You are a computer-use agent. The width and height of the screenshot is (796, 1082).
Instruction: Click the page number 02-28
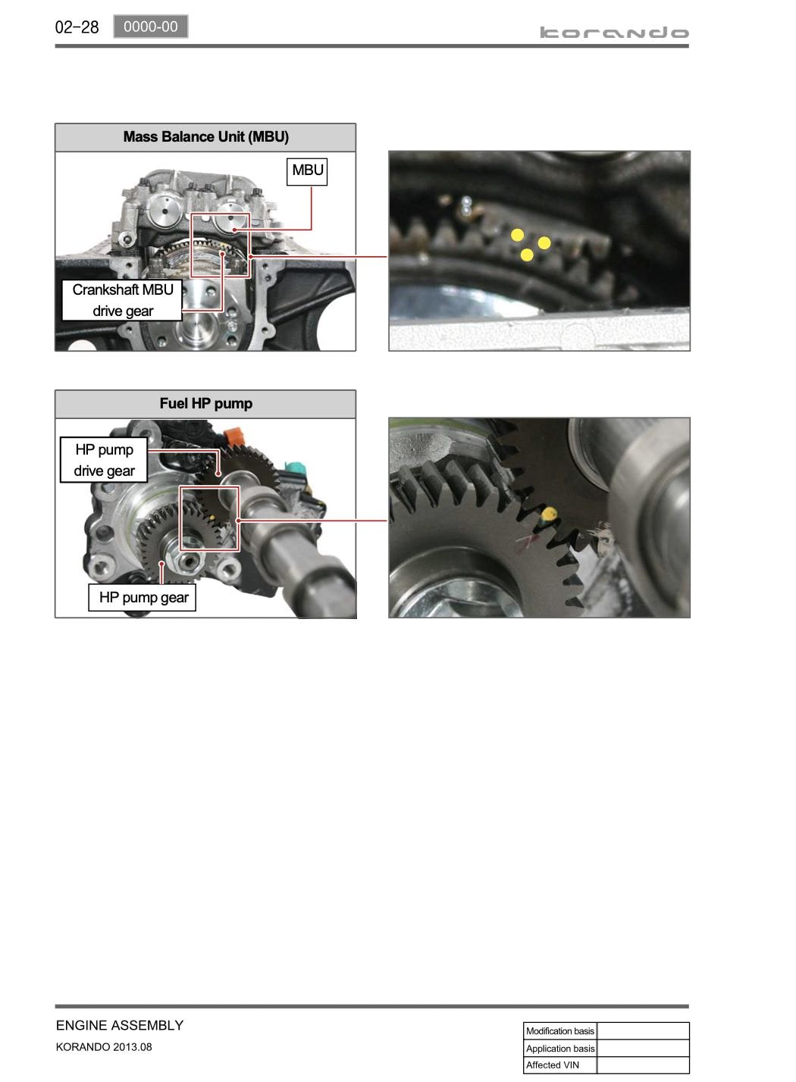tap(77, 27)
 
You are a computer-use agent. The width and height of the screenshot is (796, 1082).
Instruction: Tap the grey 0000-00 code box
tap(151, 27)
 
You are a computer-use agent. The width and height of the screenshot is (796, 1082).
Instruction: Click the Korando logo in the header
tap(614, 33)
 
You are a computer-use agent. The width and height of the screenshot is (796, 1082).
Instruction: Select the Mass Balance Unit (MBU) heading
tap(206, 136)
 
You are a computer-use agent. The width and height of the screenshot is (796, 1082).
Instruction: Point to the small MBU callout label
tap(307, 171)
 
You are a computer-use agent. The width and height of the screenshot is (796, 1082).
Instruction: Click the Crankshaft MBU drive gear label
tap(123, 300)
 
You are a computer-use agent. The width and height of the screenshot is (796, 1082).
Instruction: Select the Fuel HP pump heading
tap(206, 403)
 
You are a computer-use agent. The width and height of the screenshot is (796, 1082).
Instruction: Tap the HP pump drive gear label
tap(104, 460)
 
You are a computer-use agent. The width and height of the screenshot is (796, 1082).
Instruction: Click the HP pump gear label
tap(143, 598)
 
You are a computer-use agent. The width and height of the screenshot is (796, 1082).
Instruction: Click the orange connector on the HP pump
tap(233, 436)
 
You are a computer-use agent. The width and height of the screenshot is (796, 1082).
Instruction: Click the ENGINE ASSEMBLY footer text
tap(119, 1025)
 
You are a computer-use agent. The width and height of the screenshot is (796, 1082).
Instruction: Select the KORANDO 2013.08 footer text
tap(104, 1046)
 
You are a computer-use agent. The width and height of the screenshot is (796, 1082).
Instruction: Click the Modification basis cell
tap(560, 1030)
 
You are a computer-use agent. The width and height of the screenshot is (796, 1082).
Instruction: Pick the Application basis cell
tap(560, 1048)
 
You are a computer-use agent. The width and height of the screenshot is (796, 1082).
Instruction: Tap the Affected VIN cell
tap(560, 1065)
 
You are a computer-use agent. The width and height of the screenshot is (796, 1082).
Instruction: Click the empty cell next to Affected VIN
tap(644, 1065)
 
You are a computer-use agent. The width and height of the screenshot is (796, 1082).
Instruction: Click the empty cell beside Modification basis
tap(644, 1030)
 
